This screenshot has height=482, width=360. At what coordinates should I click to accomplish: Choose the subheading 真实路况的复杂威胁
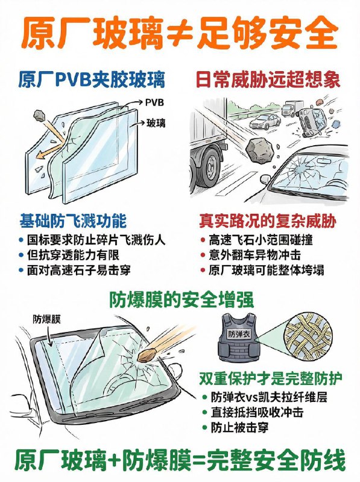pyautogui.click(x=261, y=220)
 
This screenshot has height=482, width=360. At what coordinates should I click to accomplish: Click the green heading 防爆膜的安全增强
pyautogui.click(x=180, y=299)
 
